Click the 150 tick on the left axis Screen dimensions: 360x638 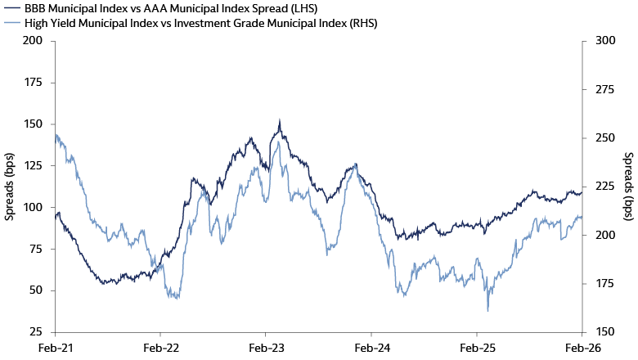click(x=33, y=124)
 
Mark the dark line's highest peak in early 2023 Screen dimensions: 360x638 click(x=280, y=120)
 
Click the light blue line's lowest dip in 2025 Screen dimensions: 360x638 click(x=488, y=310)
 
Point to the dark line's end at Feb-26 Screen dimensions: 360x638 click(x=581, y=193)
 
